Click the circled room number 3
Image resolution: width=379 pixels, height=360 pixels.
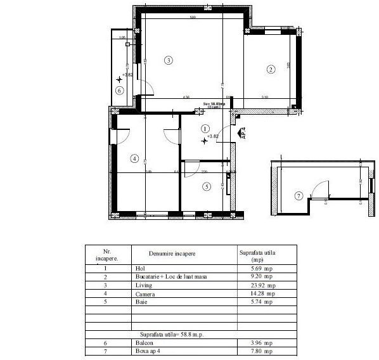point(168,61)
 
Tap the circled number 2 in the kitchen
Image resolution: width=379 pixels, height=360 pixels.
point(271,69)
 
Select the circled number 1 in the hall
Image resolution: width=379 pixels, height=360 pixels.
point(205,128)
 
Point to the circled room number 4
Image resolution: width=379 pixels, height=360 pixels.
point(134,158)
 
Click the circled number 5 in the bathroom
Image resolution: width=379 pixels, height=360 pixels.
point(207,186)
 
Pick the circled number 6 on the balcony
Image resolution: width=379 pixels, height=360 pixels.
point(119,90)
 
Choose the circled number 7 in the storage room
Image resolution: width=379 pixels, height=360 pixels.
point(299,195)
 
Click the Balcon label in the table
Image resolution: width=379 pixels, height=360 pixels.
point(145,343)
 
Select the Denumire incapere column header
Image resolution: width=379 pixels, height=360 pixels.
point(172,254)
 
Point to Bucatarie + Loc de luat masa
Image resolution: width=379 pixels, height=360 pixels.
point(170,277)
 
